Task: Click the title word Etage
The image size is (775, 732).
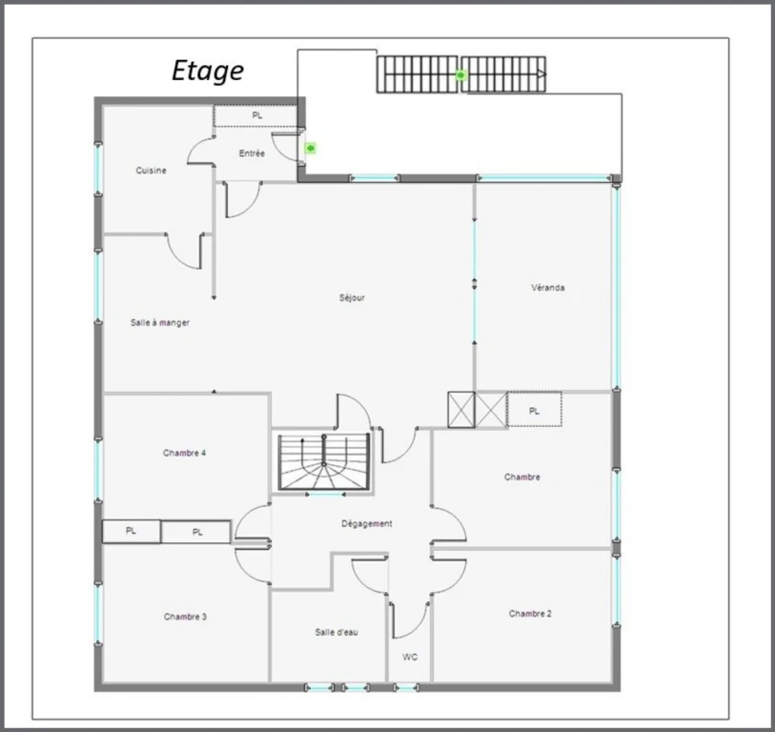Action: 208,71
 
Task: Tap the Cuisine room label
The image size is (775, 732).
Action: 152,171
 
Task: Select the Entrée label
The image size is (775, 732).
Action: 252,153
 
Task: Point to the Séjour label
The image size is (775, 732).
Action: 352,297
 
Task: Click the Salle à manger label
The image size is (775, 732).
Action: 159,323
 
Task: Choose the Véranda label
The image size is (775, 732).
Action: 547,288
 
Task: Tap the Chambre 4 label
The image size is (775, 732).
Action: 184,453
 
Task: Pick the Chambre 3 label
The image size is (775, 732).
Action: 185,617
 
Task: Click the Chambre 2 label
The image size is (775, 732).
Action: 530,614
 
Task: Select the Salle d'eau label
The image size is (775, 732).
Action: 337,632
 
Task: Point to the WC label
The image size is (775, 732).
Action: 410,657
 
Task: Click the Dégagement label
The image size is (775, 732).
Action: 367,523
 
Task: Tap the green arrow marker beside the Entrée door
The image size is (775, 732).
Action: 310,148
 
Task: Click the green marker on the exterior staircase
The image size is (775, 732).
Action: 460,75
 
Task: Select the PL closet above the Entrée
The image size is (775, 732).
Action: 256,116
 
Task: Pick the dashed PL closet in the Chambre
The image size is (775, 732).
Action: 534,409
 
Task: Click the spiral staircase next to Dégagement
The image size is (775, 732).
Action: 324,462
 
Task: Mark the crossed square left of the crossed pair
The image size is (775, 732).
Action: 461,409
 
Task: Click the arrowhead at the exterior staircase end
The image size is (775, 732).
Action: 541,74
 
